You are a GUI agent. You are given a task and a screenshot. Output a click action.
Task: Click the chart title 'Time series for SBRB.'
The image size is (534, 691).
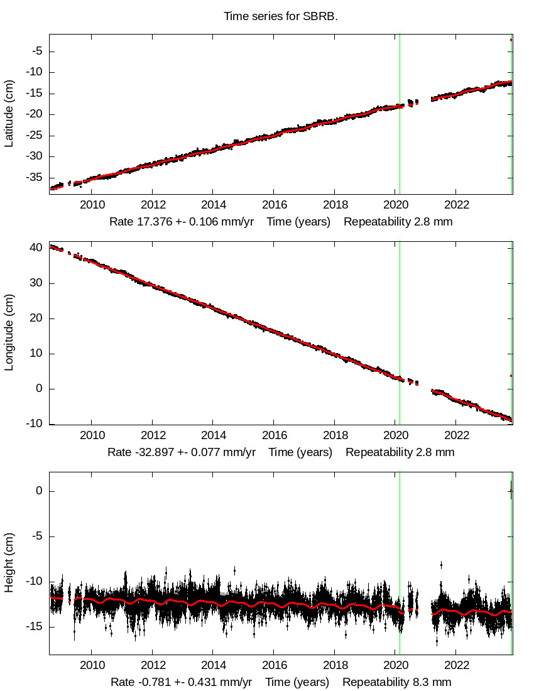click(281, 16)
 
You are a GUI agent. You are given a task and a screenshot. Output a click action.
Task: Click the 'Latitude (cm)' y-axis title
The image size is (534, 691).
click(9, 114)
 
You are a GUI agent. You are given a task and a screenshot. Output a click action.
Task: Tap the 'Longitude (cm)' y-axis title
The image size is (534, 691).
click(9, 333)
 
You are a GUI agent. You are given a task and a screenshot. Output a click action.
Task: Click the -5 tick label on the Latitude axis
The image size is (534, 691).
click(36, 51)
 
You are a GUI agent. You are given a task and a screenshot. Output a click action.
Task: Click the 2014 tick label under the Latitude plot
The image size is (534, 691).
click(214, 205)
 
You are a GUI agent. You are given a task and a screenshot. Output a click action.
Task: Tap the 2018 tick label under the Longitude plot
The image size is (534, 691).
click(335, 435)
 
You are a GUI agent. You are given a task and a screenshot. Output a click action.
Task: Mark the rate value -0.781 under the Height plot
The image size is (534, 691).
click(151, 682)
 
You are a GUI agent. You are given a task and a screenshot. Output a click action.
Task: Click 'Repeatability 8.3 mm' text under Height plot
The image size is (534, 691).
click(396, 682)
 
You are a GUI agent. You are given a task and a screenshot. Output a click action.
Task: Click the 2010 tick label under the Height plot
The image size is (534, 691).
click(92, 665)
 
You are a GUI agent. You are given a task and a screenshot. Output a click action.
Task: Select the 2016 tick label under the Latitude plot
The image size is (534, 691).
click(275, 205)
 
